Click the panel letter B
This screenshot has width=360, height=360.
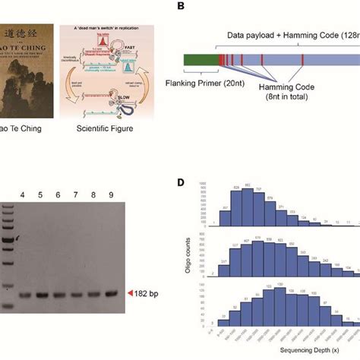click(180, 6)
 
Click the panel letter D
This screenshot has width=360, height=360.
click(180, 182)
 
